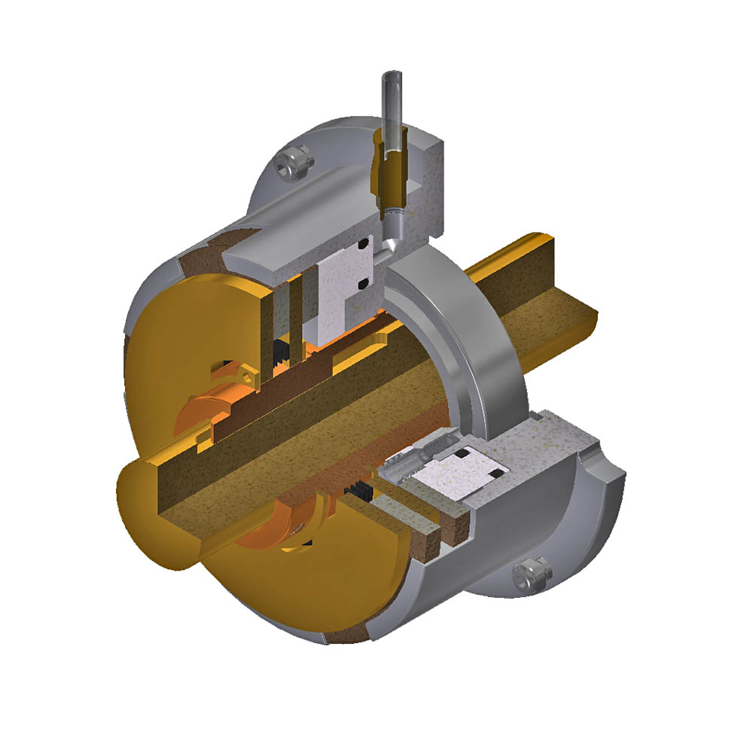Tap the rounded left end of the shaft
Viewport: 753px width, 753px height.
[x=151, y=520]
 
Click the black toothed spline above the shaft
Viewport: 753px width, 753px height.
[x=283, y=349]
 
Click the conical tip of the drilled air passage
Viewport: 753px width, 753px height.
[x=392, y=247]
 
